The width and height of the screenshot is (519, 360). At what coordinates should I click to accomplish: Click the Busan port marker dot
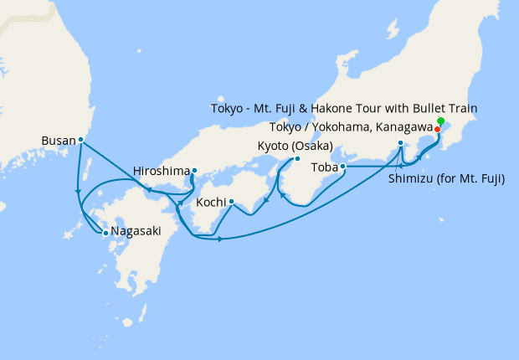point(80,140)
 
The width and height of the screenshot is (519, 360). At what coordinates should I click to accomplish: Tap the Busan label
point(58,141)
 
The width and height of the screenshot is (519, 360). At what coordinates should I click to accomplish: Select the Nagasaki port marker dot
point(105,234)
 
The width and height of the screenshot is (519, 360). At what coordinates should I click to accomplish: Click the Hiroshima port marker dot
point(194,172)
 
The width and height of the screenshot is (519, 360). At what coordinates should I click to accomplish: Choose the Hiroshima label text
point(161,172)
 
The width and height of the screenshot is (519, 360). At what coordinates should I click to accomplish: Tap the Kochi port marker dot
point(231,202)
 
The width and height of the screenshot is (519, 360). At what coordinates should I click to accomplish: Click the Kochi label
point(211,203)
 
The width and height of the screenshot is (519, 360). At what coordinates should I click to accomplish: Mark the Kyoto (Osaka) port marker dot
point(296,159)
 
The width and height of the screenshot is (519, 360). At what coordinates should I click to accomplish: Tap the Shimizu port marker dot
point(400,143)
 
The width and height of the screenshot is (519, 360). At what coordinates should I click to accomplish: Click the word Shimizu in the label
point(415,178)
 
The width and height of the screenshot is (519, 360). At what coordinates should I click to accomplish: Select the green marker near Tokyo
point(440,121)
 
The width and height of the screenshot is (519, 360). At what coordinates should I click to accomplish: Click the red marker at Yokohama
point(437,129)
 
